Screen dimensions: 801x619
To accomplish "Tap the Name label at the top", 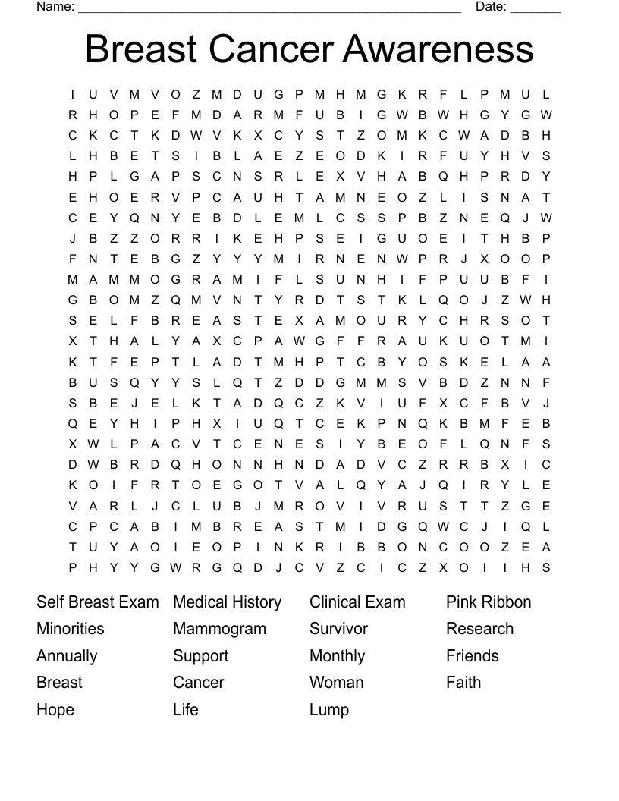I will [55, 7].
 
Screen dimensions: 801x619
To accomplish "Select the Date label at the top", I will [491, 7].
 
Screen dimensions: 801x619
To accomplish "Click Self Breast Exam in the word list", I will [98, 602].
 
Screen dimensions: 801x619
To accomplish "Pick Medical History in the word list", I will [227, 602].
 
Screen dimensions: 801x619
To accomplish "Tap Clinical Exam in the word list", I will [357, 602].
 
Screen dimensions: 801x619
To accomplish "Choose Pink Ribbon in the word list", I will [489, 602].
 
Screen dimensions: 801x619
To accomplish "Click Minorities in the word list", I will [71, 629].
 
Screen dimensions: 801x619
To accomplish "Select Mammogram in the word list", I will [219, 629].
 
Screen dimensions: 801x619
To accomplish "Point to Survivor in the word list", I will [338, 629].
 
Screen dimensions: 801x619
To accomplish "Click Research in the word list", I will [479, 629].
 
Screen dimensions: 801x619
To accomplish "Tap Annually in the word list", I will [67, 656].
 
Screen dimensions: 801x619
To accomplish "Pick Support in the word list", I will [200, 656].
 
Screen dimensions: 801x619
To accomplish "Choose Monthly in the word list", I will [337, 656].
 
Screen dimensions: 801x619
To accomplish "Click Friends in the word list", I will [473, 656].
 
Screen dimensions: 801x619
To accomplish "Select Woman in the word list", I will [337, 683].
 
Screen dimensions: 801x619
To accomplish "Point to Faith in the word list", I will [463, 683].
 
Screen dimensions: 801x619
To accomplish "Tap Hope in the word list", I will [55, 710].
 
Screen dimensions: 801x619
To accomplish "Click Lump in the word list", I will [329, 710].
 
